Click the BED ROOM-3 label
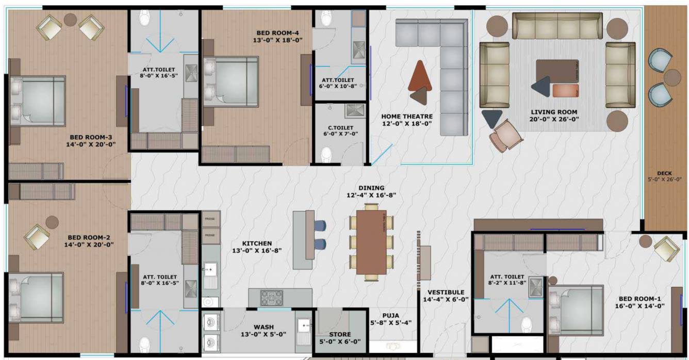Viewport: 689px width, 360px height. [91, 137]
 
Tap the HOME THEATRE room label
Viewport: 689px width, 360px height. [406, 117]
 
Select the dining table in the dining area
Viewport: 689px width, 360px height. [371, 242]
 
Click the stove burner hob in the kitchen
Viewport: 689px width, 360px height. [271, 298]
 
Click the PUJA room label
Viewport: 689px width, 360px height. [390, 316]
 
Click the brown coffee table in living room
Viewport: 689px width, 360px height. [557, 72]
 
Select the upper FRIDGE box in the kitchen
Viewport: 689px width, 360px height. [210, 219]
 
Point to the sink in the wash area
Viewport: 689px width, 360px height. [303, 326]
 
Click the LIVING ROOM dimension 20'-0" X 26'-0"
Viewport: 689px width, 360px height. [554, 119]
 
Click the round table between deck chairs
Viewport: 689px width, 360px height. [672, 77]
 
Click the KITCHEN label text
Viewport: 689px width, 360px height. [257, 243]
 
